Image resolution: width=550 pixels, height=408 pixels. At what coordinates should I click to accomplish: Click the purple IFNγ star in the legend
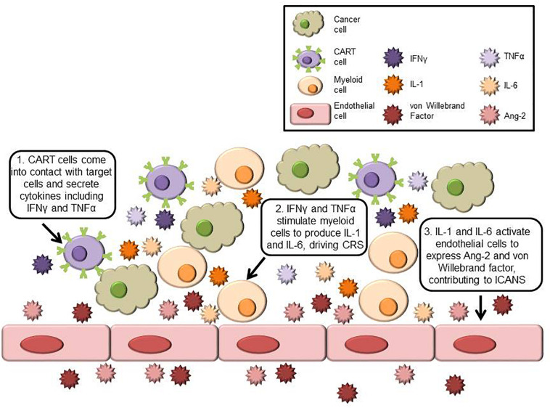(392, 54)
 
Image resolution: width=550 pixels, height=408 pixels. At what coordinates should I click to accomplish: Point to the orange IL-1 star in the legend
(392, 84)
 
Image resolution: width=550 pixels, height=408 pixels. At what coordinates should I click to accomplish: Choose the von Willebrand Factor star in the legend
(392, 115)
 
